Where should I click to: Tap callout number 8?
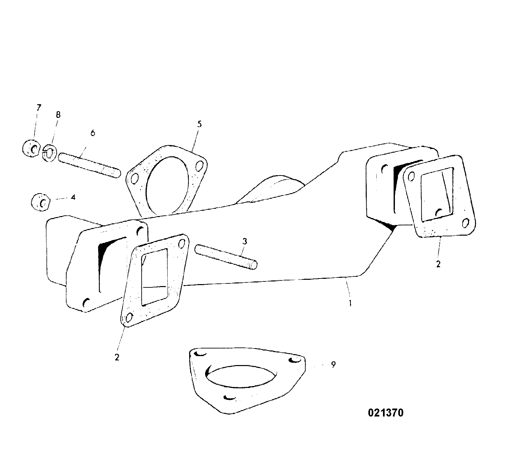58,114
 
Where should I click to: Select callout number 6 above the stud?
93,133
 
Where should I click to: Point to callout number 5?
199,124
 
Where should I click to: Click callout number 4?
73,197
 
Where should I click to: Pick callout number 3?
245,241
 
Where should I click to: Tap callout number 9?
333,364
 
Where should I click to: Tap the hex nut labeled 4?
41,202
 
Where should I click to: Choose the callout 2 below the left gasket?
117,357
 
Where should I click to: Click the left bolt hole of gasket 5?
135,179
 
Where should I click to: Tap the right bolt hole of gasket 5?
199,165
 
